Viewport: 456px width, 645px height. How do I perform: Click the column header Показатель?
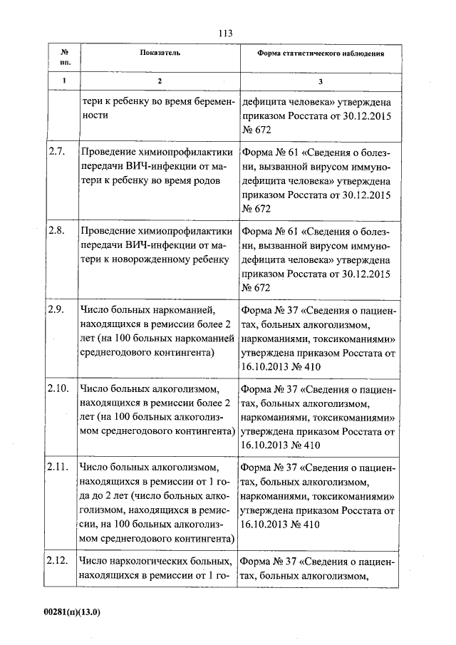point(160,53)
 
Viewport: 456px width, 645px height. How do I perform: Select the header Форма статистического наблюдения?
point(321,53)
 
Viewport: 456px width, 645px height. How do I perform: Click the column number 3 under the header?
point(321,81)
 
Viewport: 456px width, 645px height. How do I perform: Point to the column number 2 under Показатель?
point(160,81)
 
